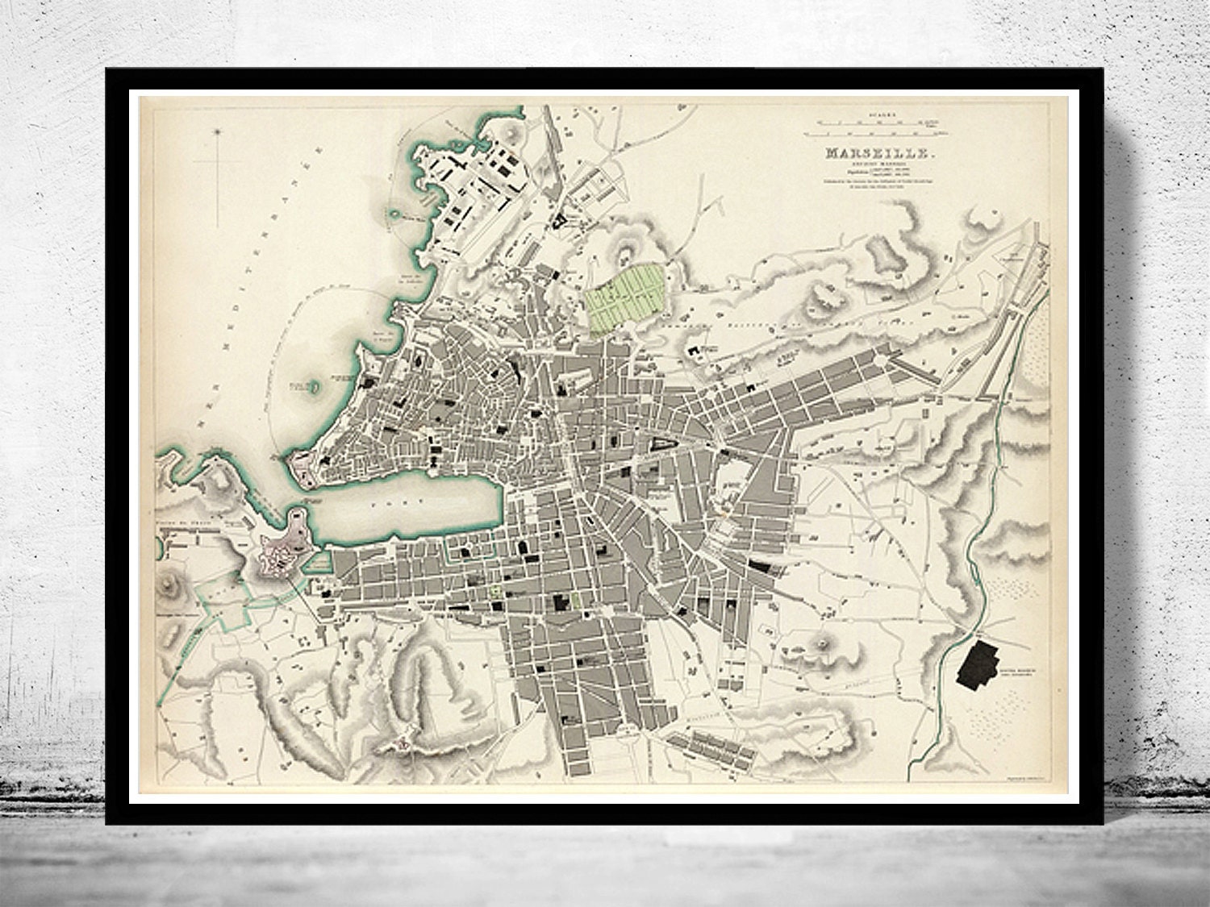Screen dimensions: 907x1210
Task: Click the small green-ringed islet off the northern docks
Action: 394,214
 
